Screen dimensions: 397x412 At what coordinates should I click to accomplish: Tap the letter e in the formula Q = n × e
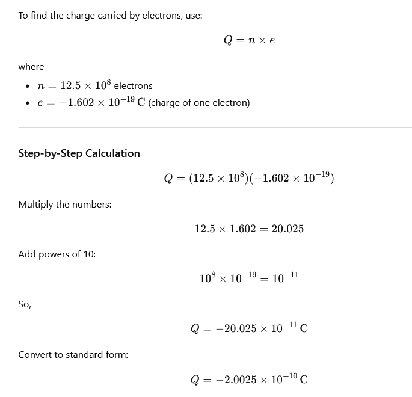272,40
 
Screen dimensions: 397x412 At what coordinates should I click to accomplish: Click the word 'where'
31,67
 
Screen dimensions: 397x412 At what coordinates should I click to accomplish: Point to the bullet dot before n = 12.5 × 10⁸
28,87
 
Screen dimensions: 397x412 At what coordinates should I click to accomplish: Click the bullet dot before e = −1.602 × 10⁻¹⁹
28,103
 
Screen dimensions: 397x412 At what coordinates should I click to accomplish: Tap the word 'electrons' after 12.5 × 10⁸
133,86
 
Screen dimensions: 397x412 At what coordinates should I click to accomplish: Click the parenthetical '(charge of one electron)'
199,103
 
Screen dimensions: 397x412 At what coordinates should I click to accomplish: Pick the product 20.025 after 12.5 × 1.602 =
287,229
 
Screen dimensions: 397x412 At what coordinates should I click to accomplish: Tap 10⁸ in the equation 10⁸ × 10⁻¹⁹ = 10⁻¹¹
208,278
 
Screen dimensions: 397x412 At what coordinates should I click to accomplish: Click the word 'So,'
25,305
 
